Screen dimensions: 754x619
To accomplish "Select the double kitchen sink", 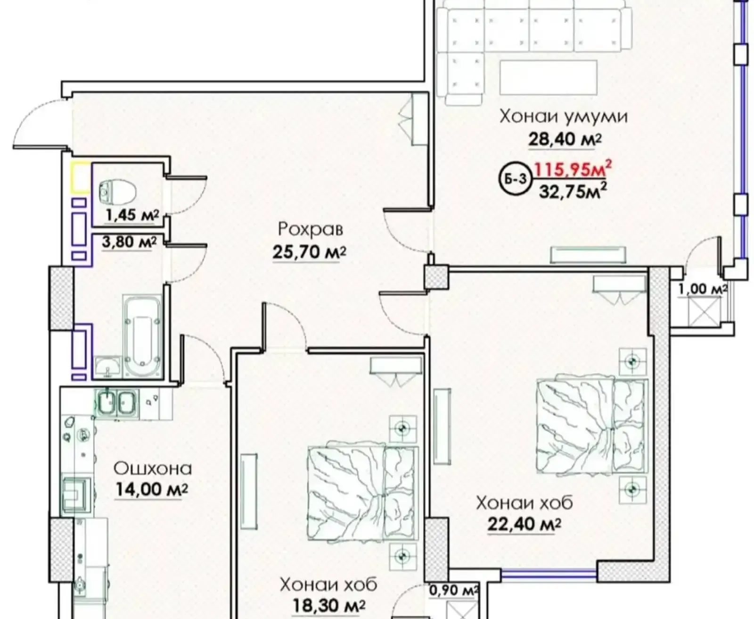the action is pyautogui.click(x=116, y=402).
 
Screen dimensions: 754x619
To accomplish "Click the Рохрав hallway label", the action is pyautogui.click(x=311, y=229).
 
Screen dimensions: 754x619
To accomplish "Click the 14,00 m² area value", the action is pyautogui.click(x=151, y=490).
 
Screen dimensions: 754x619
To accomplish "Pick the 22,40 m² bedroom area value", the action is pyautogui.click(x=524, y=525).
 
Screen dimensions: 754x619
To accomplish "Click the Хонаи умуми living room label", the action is pyautogui.click(x=564, y=117).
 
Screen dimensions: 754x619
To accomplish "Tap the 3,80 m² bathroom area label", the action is pyautogui.click(x=129, y=242).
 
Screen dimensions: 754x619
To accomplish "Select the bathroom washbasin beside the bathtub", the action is pyautogui.click(x=108, y=367).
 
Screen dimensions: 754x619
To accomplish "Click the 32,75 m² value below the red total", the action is pyautogui.click(x=573, y=191).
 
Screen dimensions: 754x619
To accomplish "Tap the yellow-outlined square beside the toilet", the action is pyautogui.click(x=81, y=177).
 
